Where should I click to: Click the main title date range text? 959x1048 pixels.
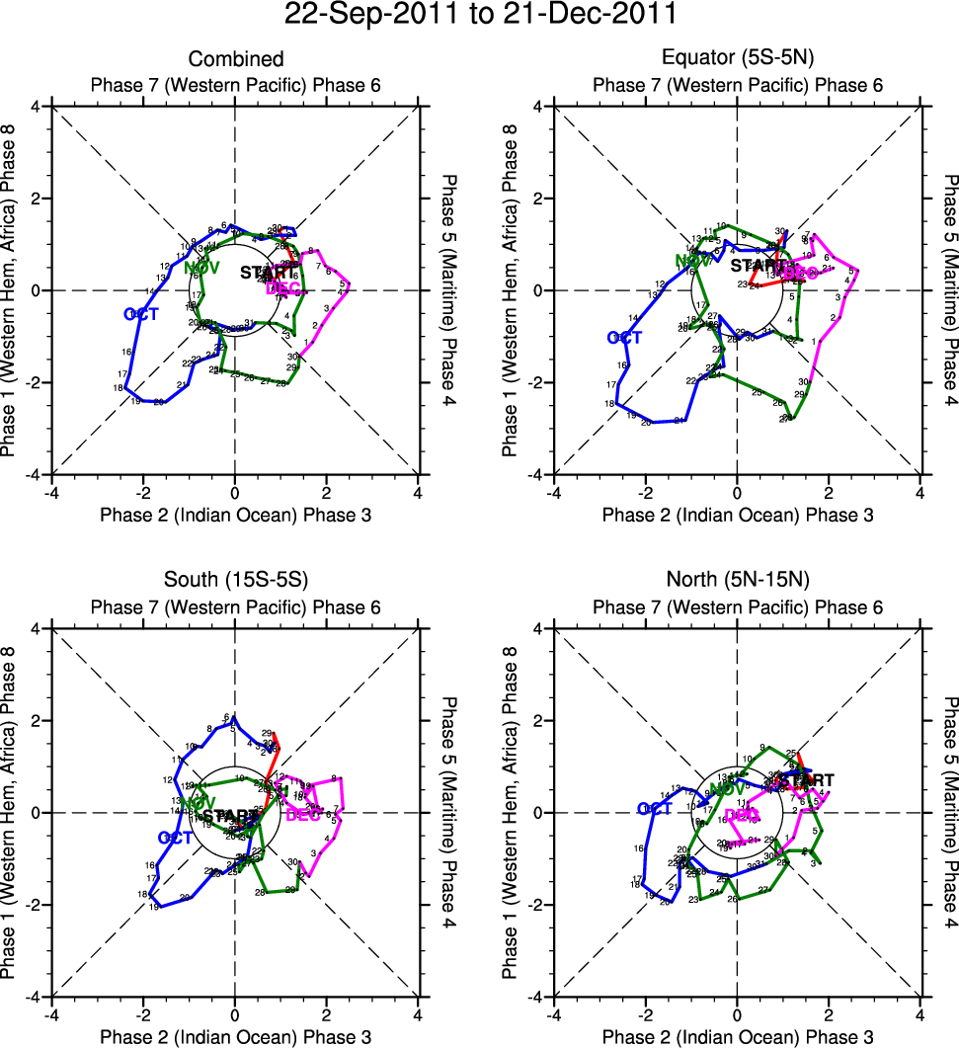click(480, 16)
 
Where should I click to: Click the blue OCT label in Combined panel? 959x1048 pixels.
click(141, 314)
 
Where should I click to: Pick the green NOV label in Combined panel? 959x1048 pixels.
click(201, 268)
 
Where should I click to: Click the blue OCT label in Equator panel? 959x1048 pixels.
click(624, 338)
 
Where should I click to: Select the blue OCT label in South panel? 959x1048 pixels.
click(175, 838)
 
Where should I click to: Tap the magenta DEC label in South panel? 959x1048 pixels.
click(303, 815)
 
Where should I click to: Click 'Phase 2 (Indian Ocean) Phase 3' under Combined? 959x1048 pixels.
click(235, 515)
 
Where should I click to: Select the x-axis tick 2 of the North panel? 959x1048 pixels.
click(829, 1015)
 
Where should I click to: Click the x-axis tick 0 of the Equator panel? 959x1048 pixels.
click(737, 493)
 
